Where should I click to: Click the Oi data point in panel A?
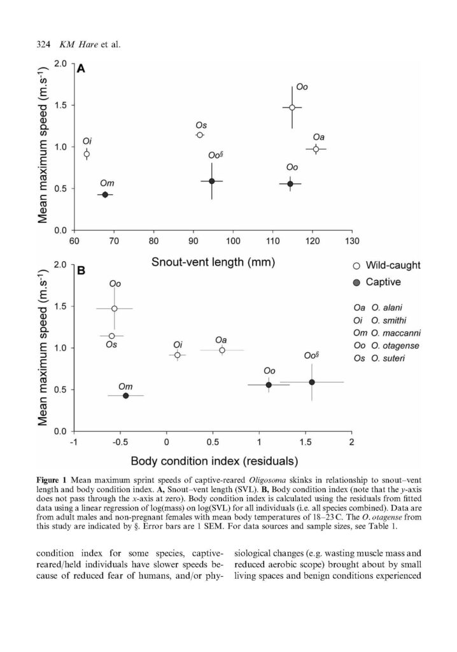pyautogui.click(x=87, y=154)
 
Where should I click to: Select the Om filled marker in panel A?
pyautogui.click(x=105, y=195)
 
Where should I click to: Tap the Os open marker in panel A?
pyautogui.click(x=200, y=135)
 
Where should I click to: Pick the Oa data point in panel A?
pyautogui.click(x=316, y=149)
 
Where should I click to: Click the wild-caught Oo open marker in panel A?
pyautogui.click(x=292, y=107)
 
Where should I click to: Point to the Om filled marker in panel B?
pyautogui.click(x=125, y=395)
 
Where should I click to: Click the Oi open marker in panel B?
pyautogui.click(x=178, y=355)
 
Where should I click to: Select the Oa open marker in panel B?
pyautogui.click(x=222, y=350)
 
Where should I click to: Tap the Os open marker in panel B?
pyautogui.click(x=111, y=336)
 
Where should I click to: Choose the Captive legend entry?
pyautogui.click(x=377, y=282)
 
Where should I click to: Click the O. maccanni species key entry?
pyautogui.click(x=387, y=333)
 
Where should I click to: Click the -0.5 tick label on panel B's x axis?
pyautogui.click(x=120, y=442)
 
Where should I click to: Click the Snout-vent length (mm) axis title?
pyautogui.click(x=213, y=262)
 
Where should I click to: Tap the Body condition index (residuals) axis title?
pyautogui.click(x=214, y=461)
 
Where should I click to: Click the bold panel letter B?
pyautogui.click(x=81, y=271)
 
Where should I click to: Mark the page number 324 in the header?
pyautogui.click(x=44, y=45)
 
